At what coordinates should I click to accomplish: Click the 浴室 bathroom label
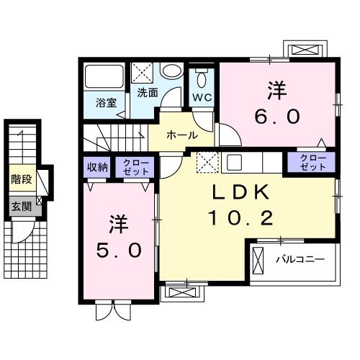(105, 102)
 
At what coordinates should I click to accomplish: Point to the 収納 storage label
(98, 168)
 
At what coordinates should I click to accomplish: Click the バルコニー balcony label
(300, 258)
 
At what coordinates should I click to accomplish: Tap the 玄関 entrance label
(20, 206)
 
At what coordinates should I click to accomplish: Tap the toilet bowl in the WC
(201, 78)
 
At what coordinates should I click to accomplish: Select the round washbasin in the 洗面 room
(171, 72)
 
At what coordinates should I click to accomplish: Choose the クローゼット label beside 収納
(136, 168)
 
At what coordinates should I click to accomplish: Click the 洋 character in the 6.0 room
(277, 91)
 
